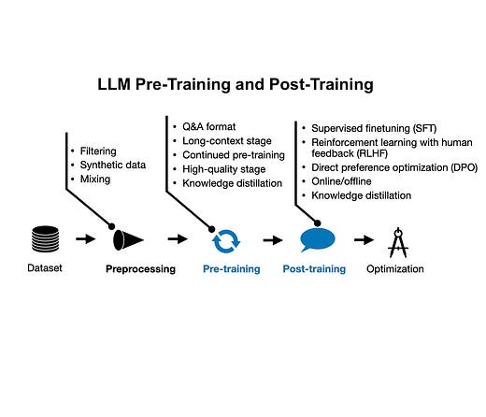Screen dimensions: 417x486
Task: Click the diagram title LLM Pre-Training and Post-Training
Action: point(236,84)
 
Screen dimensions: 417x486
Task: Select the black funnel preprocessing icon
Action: point(128,240)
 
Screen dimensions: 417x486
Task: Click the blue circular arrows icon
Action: point(226,240)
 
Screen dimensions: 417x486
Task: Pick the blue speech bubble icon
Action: point(315,240)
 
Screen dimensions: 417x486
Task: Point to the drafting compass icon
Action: point(399,240)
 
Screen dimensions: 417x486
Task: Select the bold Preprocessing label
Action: point(140,269)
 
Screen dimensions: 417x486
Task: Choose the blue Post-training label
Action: point(314,269)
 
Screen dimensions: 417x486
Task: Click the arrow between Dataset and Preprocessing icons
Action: point(85,240)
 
